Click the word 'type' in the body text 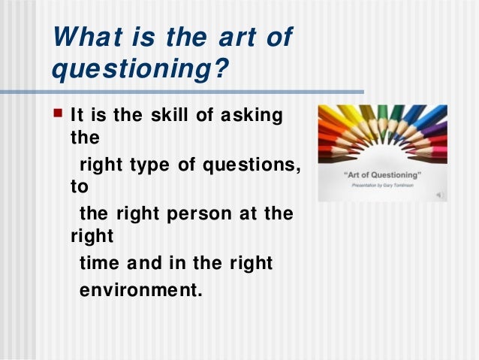click(148, 165)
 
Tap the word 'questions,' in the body click(241, 165)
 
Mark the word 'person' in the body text click(206, 213)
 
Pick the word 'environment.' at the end click(141, 288)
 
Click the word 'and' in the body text click(145, 263)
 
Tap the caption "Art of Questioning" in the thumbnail click(382, 174)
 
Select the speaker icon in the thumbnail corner click(440, 195)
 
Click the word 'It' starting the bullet click(77, 116)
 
